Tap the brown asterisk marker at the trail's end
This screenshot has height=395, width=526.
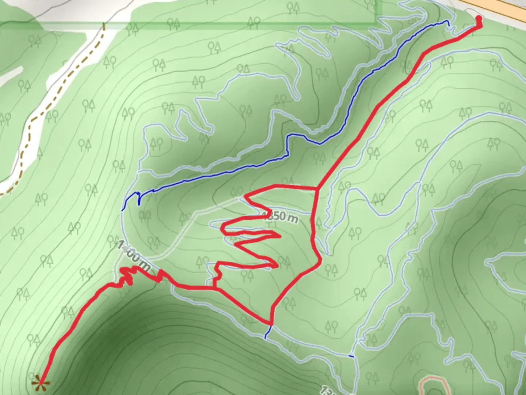[41, 383]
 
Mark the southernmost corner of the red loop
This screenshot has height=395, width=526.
[271, 323]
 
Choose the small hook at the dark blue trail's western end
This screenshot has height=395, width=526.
[138, 197]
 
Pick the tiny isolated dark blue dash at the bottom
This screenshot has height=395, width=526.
[351, 356]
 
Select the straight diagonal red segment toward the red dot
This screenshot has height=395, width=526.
[365, 124]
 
